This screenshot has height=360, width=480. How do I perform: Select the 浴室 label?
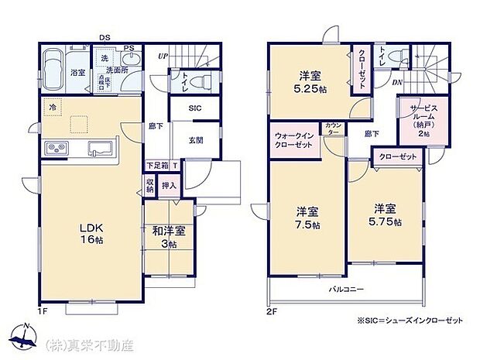pos(77,73)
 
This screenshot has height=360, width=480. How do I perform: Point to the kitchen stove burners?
pos(58,147)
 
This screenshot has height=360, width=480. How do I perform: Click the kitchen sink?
pos(100,148)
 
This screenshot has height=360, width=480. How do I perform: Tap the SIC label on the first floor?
pos(196,109)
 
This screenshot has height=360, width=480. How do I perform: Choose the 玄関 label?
pos(196,140)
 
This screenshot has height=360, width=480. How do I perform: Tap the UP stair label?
pos(163,57)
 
